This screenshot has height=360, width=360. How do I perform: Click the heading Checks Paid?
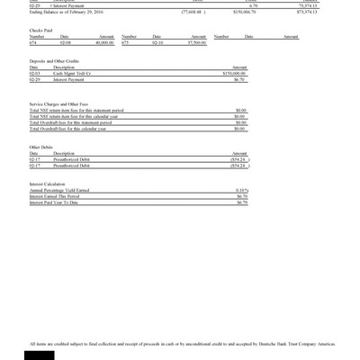(40, 28)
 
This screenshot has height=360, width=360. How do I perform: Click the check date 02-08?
(66, 41)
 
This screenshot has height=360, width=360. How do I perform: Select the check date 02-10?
(157, 41)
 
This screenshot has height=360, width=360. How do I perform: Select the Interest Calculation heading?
(48, 184)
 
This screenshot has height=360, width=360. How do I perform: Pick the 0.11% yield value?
(241, 190)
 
